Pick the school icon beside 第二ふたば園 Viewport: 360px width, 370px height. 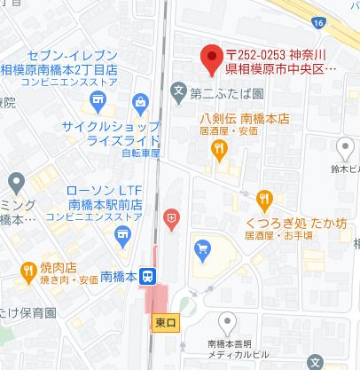tap(178, 90)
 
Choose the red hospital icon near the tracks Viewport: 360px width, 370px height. tap(171, 216)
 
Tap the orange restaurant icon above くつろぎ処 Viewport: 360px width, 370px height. tap(263, 201)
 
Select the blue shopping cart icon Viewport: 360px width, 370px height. tap(203, 248)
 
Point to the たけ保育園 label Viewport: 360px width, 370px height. tap(28, 313)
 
